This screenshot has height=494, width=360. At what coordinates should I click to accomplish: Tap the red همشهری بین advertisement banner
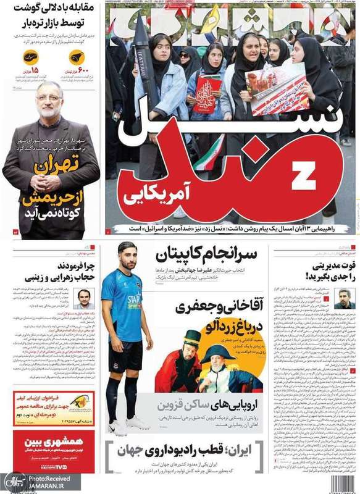52,451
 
